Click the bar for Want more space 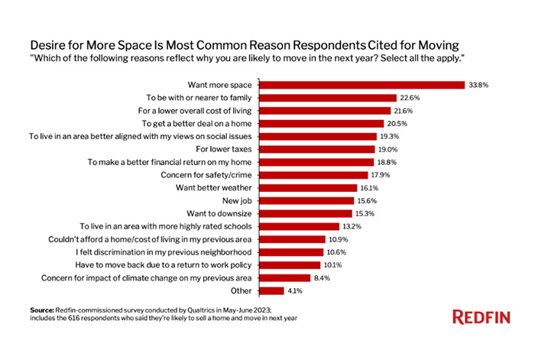click(363, 84)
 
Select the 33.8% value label click(479, 84)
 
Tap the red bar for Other click(274, 290)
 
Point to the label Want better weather click(216, 188)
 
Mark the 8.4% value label click(323, 277)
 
